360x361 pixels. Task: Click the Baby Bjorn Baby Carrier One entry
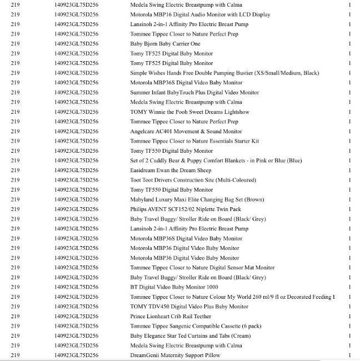pyautogui.click(x=165, y=44)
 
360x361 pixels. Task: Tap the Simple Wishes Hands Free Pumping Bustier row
pyautogui.click(x=224, y=73)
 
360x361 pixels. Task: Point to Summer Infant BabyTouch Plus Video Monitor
pyautogui.click(x=194, y=92)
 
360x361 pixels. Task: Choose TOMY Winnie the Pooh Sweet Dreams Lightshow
pyautogui.click(x=189, y=112)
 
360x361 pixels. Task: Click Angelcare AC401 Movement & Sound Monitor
pyautogui.click(x=186, y=132)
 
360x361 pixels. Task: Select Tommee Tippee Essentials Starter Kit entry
pyautogui.click(x=194, y=141)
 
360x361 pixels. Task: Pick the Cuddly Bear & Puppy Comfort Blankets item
pyautogui.click(x=216, y=161)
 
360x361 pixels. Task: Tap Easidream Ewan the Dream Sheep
pyautogui.click(x=171, y=171)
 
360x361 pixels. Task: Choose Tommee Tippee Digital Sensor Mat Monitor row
pyautogui.click(x=202, y=268)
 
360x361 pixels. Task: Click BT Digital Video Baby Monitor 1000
pyautogui.click(x=174, y=287)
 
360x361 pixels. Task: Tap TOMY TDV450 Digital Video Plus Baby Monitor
pyautogui.click(x=189, y=307)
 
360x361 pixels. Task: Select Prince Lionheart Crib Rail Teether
pyautogui.click(x=171, y=317)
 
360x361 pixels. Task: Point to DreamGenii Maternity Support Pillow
pyautogui.click(x=175, y=355)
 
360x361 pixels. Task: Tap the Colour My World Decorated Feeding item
pyautogui.click(x=232, y=297)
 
